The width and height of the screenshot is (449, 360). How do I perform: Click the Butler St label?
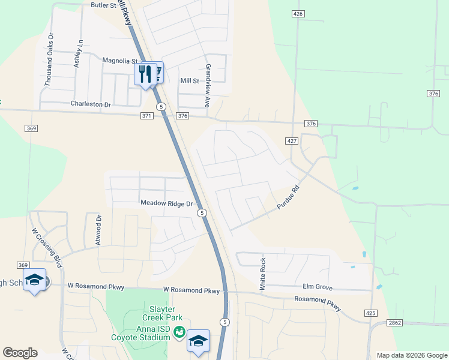click(103, 5)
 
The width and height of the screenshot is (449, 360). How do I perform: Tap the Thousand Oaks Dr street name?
click(49, 60)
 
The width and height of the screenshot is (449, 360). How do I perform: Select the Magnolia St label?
click(120, 61)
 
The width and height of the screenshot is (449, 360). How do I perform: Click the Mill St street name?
click(190, 80)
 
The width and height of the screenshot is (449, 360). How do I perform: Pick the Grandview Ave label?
click(208, 86)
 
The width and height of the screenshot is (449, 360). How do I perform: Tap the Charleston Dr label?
click(91, 104)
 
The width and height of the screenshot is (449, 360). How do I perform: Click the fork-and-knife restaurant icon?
click(144, 74)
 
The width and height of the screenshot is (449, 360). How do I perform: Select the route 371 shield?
click(147, 116)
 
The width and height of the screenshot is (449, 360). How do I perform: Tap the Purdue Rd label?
click(288, 197)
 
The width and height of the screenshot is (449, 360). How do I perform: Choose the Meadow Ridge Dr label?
click(166, 203)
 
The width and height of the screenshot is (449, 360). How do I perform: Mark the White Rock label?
click(262, 274)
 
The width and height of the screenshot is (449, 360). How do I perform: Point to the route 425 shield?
click(370, 313)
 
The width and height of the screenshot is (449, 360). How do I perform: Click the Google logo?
click(20, 353)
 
